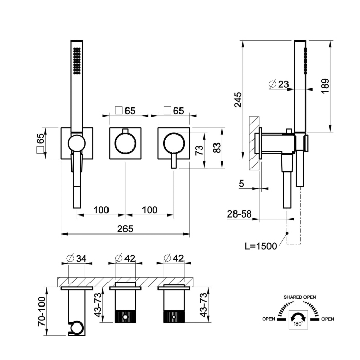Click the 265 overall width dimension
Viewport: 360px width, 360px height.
click(125, 229)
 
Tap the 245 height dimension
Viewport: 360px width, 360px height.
click(238, 100)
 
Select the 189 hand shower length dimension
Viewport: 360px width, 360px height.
click(325, 86)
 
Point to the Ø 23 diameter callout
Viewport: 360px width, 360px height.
click(279, 84)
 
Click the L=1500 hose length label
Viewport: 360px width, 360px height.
click(261, 246)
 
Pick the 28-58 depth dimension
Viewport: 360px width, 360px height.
click(240, 214)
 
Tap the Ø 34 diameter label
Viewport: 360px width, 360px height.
click(77, 259)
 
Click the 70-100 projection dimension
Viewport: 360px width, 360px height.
click(42, 311)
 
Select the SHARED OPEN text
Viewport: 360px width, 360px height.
click(300, 297)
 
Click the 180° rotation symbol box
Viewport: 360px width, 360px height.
click(298, 319)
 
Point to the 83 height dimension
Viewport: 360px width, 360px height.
click(217, 148)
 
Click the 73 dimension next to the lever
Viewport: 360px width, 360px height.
click(200, 150)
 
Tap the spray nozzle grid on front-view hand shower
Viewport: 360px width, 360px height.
click(77, 61)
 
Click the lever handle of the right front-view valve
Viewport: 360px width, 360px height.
click(174, 160)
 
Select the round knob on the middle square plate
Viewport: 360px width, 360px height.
click(125, 143)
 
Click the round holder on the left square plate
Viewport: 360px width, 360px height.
click(77, 143)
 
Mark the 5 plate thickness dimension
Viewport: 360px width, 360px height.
click(241, 184)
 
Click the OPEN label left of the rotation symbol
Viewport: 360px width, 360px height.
click(268, 319)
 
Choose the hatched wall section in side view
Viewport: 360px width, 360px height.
click(254, 143)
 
